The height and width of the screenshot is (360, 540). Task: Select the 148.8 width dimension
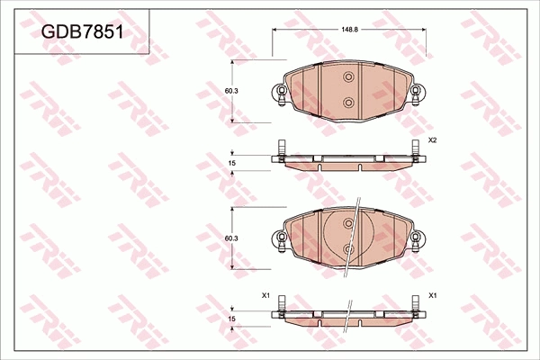point(350,29)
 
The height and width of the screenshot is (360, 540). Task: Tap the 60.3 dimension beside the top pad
point(230,91)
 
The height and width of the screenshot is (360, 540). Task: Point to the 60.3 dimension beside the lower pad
point(230,238)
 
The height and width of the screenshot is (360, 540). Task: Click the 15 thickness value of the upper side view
point(231,163)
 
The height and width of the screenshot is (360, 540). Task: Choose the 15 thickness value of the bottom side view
point(231,319)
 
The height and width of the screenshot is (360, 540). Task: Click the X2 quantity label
point(432,140)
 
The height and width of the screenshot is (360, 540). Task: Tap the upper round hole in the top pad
point(348,78)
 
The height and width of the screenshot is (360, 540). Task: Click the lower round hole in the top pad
point(348,103)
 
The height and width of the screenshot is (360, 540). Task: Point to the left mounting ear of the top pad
point(279,93)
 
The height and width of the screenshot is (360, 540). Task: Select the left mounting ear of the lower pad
point(279,239)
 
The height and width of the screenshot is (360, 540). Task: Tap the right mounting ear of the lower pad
point(417,239)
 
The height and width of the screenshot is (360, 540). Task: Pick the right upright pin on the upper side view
point(415,149)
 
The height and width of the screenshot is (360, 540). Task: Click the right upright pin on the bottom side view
point(415,305)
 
